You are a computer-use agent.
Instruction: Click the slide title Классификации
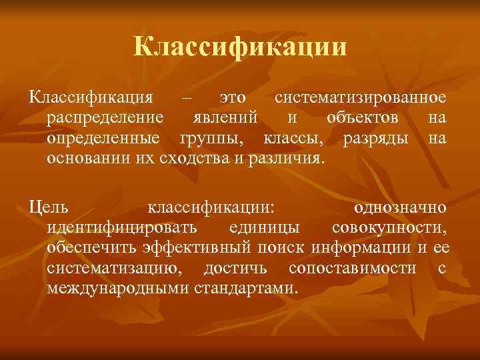240,47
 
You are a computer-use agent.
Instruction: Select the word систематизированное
360,98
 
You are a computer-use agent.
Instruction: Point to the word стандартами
247,289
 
